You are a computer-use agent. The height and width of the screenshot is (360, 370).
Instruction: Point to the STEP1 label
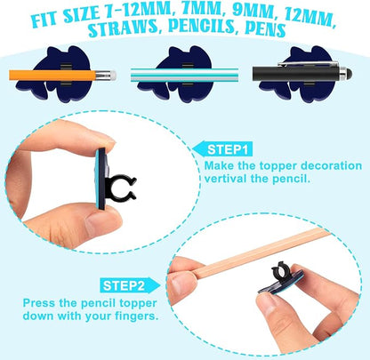[x=229, y=147]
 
